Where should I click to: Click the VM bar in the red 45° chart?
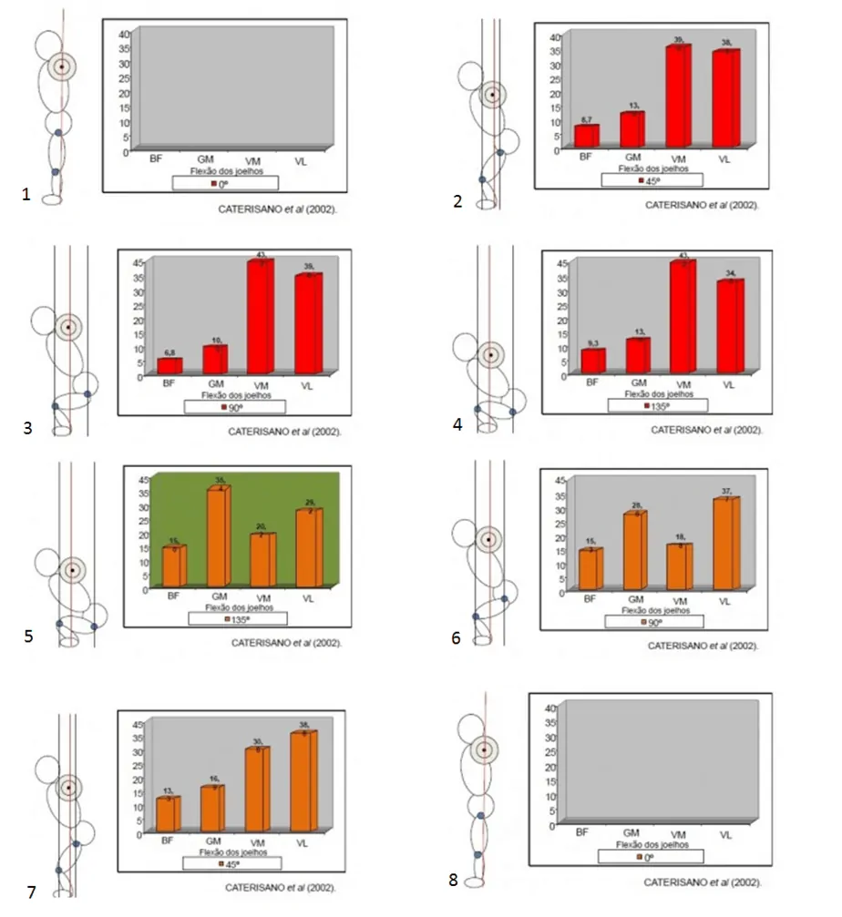click(678, 96)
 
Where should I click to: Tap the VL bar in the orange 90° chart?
click(726, 543)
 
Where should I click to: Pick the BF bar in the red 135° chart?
click(593, 361)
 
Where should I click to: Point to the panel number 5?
click(28, 636)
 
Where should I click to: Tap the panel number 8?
click(454, 879)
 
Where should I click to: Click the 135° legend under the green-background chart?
click(238, 617)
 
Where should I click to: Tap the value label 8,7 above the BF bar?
click(586, 120)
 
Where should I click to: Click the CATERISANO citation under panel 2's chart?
click(702, 205)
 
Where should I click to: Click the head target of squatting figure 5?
click(71, 570)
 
